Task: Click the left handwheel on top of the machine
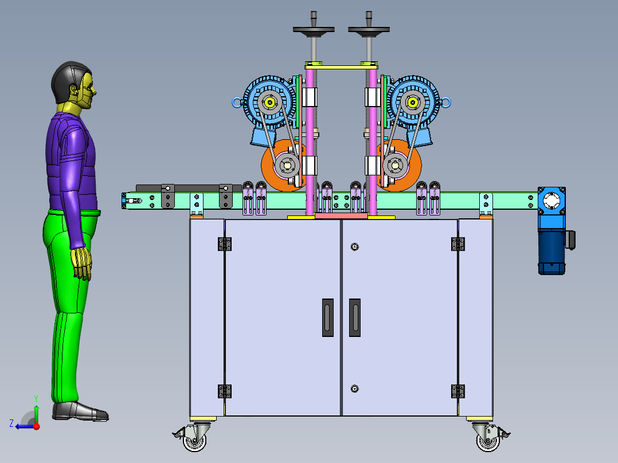click(314, 30)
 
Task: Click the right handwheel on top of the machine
click(369, 30)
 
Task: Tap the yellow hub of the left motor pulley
click(270, 103)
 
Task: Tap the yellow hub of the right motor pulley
click(413, 103)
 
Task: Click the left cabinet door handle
click(328, 317)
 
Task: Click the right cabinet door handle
click(355, 317)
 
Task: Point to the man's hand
click(82, 264)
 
